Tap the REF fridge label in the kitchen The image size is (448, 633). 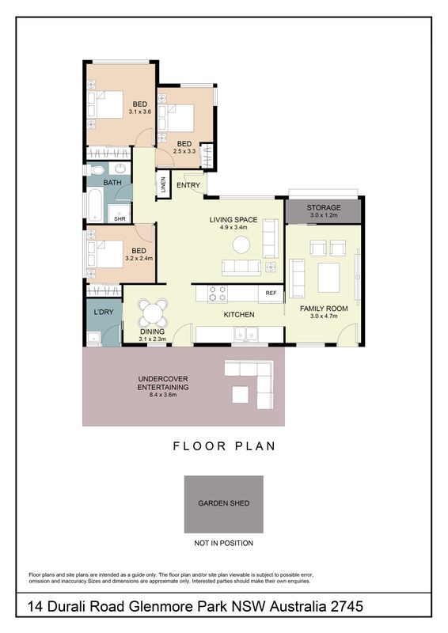pyautogui.click(x=271, y=293)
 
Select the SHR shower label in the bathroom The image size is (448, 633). pyautogui.click(x=120, y=219)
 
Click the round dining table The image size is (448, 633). pyautogui.click(x=153, y=313)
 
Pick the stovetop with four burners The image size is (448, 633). pyautogui.click(x=218, y=293)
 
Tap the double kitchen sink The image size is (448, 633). pyautogui.click(x=246, y=334)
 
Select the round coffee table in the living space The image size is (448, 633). pyautogui.click(x=241, y=244)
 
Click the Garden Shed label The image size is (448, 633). pyautogui.click(x=223, y=503)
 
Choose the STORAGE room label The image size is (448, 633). pyautogui.click(x=324, y=207)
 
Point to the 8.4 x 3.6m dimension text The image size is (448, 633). pyautogui.click(x=163, y=394)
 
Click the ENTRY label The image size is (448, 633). pyautogui.click(x=188, y=185)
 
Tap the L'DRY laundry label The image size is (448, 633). pyautogui.click(x=104, y=312)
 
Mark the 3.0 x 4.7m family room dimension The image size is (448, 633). pyautogui.click(x=324, y=316)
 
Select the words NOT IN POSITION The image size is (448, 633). pyautogui.click(x=223, y=543)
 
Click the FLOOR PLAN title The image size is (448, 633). pyautogui.click(x=224, y=446)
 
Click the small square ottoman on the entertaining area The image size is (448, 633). pyautogui.click(x=240, y=394)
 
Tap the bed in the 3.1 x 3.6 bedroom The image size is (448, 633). pyautogui.click(x=105, y=104)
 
